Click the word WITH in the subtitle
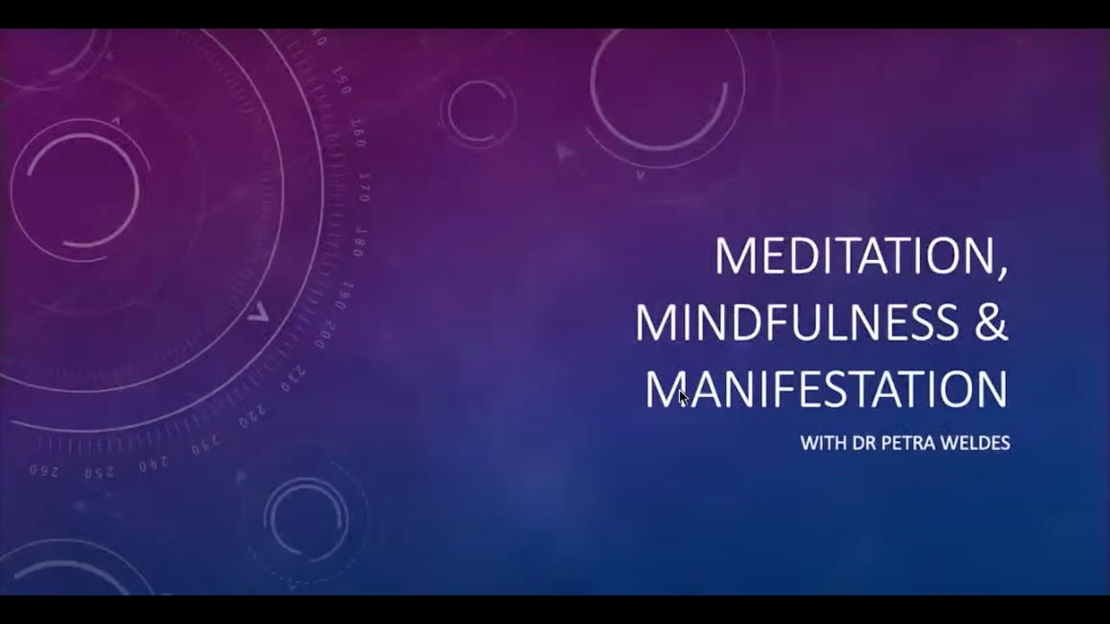pyautogui.click(x=821, y=444)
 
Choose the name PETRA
pyautogui.click(x=906, y=444)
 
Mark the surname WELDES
pyautogui.click(x=976, y=444)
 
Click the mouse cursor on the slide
pyautogui.click(x=683, y=398)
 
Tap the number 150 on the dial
pyautogui.click(x=342, y=85)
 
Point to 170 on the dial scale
pyautogui.click(x=365, y=187)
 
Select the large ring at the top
pyautogui.click(x=666, y=91)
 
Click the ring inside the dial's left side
pyautogui.click(x=75, y=188)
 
